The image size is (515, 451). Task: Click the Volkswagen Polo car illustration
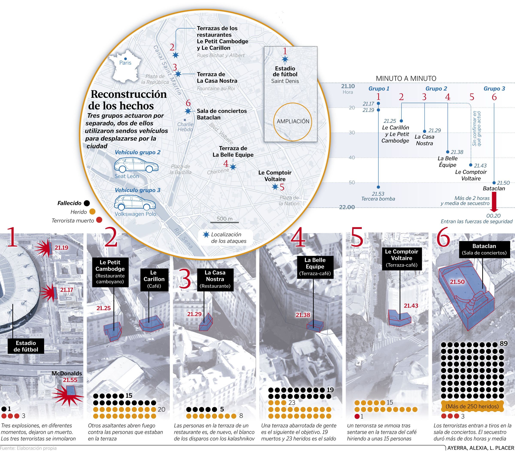pos(135,203)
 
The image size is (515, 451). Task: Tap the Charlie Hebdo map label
pos(185,127)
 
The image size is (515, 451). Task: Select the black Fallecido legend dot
pos(87,203)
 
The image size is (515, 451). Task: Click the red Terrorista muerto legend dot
pos(99,220)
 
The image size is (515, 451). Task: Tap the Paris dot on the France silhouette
pos(126,59)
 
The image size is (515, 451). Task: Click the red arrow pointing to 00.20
pos(494,202)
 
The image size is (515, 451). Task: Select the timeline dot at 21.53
pos(378,187)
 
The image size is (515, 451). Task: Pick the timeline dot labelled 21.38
pos(448,152)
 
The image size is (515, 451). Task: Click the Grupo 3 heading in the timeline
pos(494,88)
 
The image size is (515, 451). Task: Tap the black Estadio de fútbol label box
pos(26,346)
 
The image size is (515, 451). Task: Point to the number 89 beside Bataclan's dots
pos(503,343)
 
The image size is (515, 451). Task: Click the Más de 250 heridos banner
pos(472,406)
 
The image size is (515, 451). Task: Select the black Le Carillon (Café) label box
pos(154,279)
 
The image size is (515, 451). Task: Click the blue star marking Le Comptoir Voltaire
pos(275,187)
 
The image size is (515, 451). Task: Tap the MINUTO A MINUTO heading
pos(406,78)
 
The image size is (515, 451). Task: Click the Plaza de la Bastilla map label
pos(180,169)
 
